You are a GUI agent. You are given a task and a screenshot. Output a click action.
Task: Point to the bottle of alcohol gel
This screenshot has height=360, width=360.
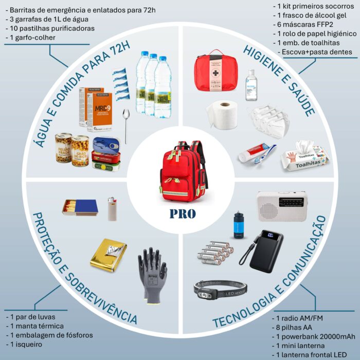[x=251, y=85]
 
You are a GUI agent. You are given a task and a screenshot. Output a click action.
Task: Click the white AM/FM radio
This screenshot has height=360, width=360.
[x=282, y=206]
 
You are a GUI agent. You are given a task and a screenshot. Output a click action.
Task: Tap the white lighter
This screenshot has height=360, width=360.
[x=112, y=209]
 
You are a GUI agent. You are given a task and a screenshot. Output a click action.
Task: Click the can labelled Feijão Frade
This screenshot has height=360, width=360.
[x=64, y=149]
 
